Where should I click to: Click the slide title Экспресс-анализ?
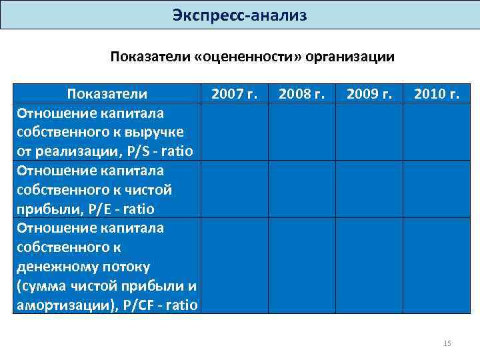[x=239, y=15]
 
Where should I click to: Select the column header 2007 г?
[x=234, y=94]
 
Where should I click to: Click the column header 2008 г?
[x=301, y=94]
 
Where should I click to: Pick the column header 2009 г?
[x=369, y=94]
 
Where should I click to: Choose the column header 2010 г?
[x=436, y=94]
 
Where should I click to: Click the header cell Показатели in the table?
[x=107, y=94]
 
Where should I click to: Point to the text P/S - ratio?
[x=159, y=151]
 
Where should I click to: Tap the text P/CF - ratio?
[x=161, y=305]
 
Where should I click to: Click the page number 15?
[x=447, y=343]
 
